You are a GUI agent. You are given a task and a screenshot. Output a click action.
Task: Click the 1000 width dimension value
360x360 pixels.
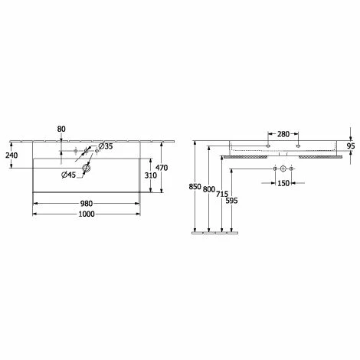(87, 214)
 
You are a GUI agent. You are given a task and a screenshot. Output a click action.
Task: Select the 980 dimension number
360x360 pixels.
(87, 204)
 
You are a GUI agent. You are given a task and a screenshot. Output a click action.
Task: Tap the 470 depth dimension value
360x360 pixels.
(162, 168)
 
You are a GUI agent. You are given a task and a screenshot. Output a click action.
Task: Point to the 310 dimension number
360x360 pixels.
(151, 175)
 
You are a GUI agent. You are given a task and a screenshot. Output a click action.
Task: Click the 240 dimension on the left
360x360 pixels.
(11, 155)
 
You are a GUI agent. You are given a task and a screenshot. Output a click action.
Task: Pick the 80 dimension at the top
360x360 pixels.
(61, 129)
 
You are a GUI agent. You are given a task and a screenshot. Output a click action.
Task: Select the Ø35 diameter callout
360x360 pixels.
(106, 146)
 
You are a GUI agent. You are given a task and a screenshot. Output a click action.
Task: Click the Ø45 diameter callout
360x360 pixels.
(69, 175)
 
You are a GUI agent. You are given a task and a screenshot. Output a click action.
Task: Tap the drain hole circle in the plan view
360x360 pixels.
(86, 168)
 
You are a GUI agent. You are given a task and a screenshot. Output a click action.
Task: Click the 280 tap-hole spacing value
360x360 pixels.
(283, 134)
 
